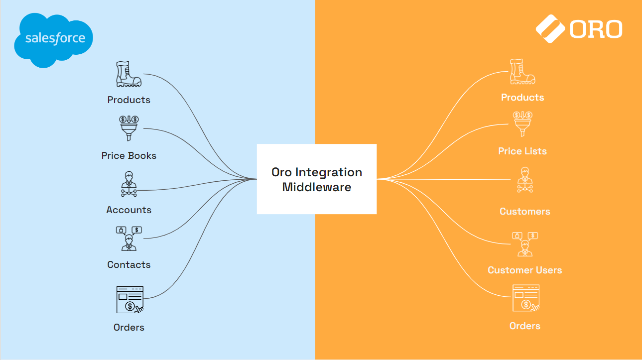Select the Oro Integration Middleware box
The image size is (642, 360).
(317, 179)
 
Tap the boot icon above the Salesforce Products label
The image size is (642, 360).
(128, 74)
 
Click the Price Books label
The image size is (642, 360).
(129, 156)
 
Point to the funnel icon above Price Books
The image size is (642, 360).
(128, 128)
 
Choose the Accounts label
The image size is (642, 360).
(129, 210)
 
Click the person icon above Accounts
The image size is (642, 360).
(128, 185)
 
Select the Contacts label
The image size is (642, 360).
(129, 265)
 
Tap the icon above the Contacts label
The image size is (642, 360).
(128, 239)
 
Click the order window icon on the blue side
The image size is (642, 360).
(129, 299)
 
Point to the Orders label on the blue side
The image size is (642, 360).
(129, 328)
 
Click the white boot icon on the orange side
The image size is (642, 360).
(522, 72)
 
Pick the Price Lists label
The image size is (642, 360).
(522, 151)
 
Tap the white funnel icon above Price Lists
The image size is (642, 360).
(522, 124)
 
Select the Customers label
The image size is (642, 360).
(525, 212)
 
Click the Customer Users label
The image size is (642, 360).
(525, 270)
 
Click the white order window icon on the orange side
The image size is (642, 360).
(526, 298)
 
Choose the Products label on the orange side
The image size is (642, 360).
(522, 98)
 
